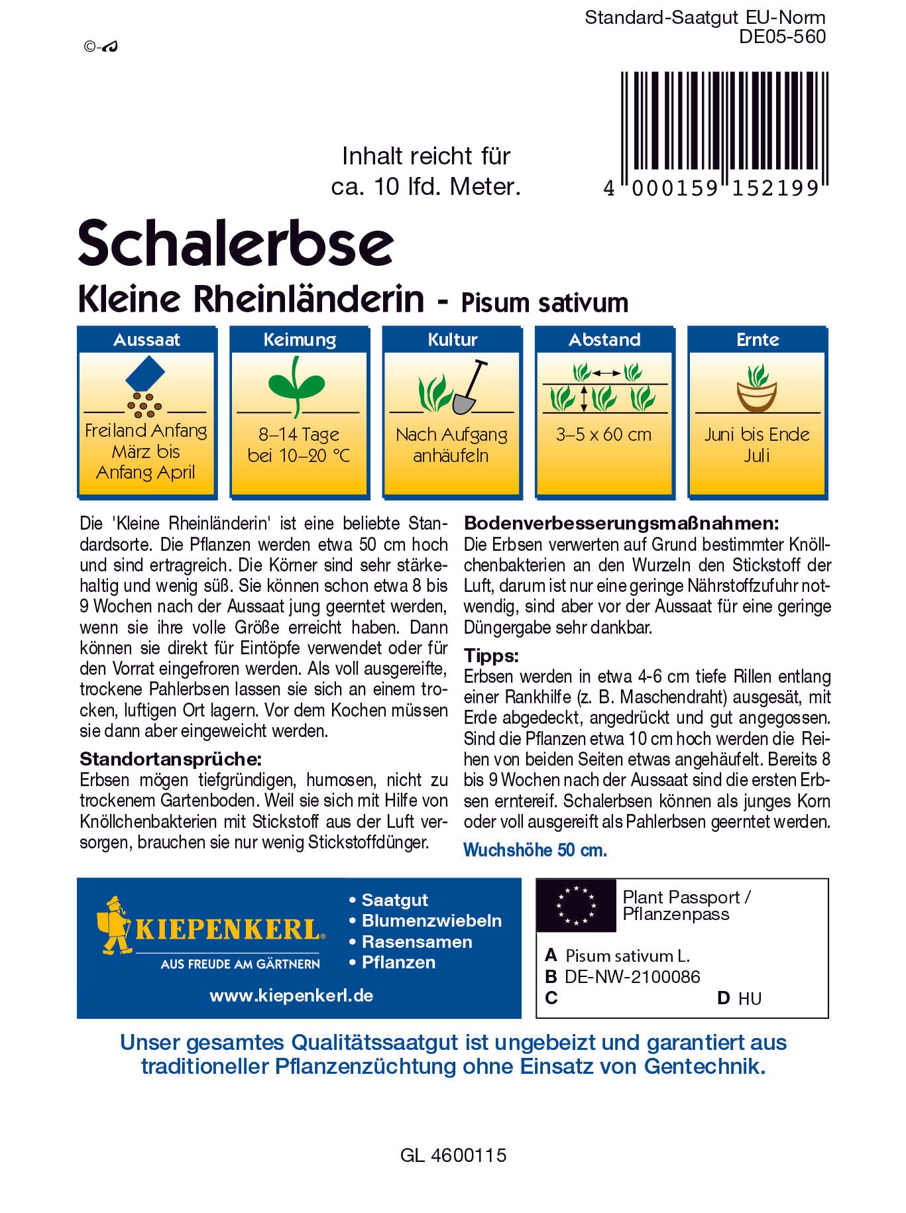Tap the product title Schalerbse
236,243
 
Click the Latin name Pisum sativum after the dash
545,302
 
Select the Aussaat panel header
146,339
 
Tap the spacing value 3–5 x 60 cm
604,435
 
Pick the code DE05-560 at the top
782,36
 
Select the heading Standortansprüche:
170,759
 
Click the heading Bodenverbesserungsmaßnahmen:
621,523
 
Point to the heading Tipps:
491,656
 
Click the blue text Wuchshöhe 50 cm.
535,850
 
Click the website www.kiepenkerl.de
292,996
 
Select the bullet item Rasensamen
416,941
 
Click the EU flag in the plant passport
576,905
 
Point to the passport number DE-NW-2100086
632,976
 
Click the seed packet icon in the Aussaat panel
145,374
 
